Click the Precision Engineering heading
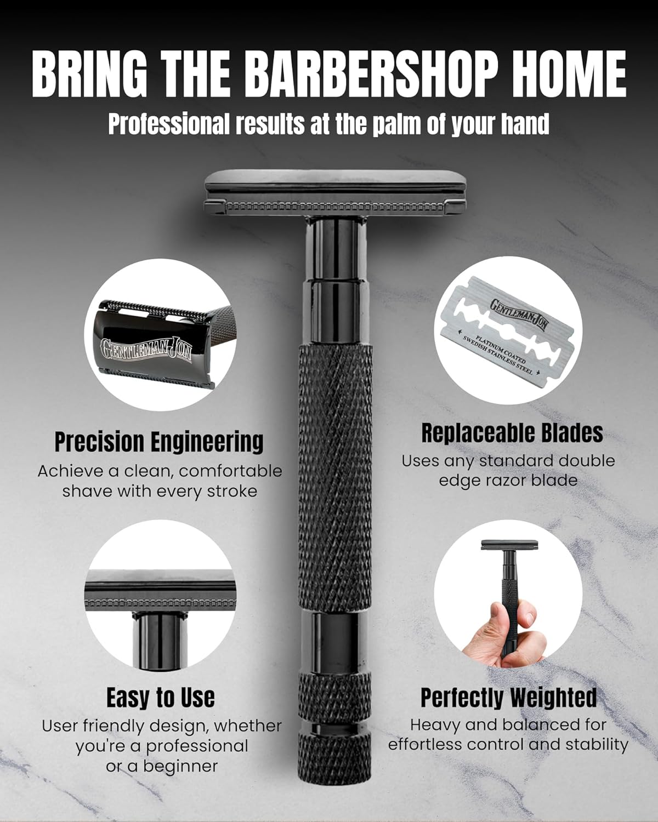(x=159, y=442)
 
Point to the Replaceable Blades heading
(x=512, y=433)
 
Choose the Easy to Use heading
(x=160, y=698)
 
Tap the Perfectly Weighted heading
(x=508, y=698)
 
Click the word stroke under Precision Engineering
(x=232, y=491)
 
